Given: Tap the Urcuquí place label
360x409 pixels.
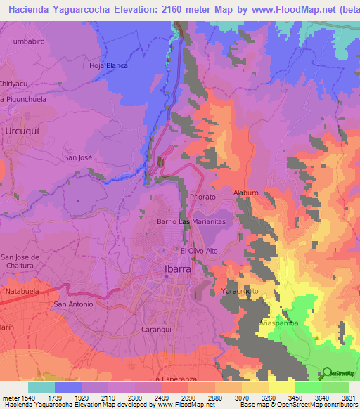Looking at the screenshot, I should [20, 131].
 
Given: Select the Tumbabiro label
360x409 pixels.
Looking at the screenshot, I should [27, 41].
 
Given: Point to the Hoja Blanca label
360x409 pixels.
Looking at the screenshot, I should [108, 65].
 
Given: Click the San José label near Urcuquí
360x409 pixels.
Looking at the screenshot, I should [78, 157].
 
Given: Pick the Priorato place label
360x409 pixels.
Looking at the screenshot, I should [204, 198].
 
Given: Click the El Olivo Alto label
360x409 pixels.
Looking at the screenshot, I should [201, 251].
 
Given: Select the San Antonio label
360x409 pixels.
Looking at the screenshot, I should [73, 304].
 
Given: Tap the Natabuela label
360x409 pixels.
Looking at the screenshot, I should [24, 290].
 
